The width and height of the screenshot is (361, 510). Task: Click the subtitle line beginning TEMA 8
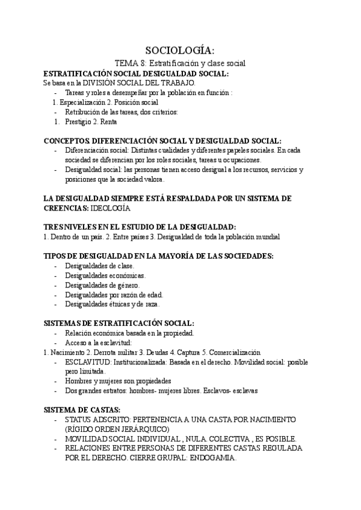180,63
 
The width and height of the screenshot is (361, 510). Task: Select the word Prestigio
79,121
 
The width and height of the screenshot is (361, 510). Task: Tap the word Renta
109,121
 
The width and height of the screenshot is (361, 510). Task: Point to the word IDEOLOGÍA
110,208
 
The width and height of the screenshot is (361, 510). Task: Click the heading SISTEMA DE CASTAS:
82,410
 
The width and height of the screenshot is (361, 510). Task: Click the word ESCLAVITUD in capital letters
87,361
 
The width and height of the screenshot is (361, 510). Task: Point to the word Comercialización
230,352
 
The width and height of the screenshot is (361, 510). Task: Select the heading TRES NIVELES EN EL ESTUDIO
140,227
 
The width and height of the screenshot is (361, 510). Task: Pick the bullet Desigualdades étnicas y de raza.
112,304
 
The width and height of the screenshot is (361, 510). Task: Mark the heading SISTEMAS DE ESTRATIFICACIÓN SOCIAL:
119,323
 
